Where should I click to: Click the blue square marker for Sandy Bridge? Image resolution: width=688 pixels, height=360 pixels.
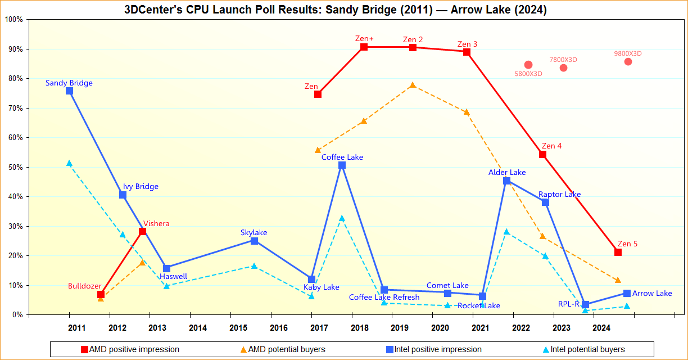69,91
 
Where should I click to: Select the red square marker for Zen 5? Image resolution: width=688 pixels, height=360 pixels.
618,252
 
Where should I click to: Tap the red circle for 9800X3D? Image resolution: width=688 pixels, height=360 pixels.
628,61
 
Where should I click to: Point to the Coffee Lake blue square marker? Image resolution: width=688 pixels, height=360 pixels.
342,165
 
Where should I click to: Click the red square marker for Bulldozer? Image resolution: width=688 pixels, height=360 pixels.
101,294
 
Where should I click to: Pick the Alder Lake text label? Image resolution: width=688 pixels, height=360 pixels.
507,172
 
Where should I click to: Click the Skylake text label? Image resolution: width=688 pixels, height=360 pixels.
254,232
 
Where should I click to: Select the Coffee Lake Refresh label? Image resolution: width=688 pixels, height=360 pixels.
384,297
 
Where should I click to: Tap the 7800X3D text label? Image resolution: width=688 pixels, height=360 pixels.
563,60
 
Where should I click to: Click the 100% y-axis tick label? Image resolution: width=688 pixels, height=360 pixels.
13,20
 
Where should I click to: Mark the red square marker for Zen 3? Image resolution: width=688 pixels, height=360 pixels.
467,52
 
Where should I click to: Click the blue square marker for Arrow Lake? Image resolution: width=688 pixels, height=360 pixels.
627,293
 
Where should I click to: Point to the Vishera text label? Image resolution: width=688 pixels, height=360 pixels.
156,223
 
